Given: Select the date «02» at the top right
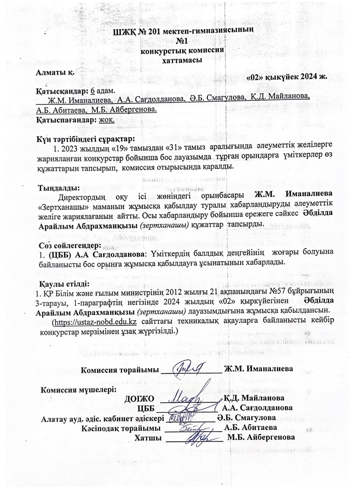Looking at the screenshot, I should tap(255, 77).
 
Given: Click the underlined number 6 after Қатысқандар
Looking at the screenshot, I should tap(92, 91).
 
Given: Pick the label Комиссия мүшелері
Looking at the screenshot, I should tap(79, 389).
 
